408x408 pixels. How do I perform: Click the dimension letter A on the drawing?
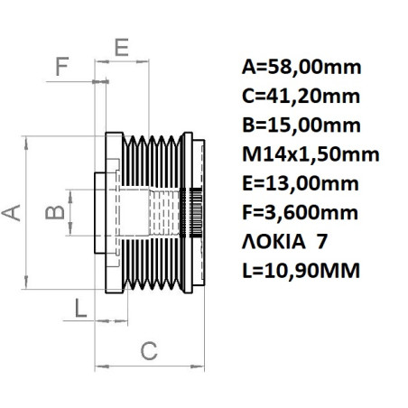point(12,211)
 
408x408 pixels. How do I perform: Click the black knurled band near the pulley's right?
point(191,212)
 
